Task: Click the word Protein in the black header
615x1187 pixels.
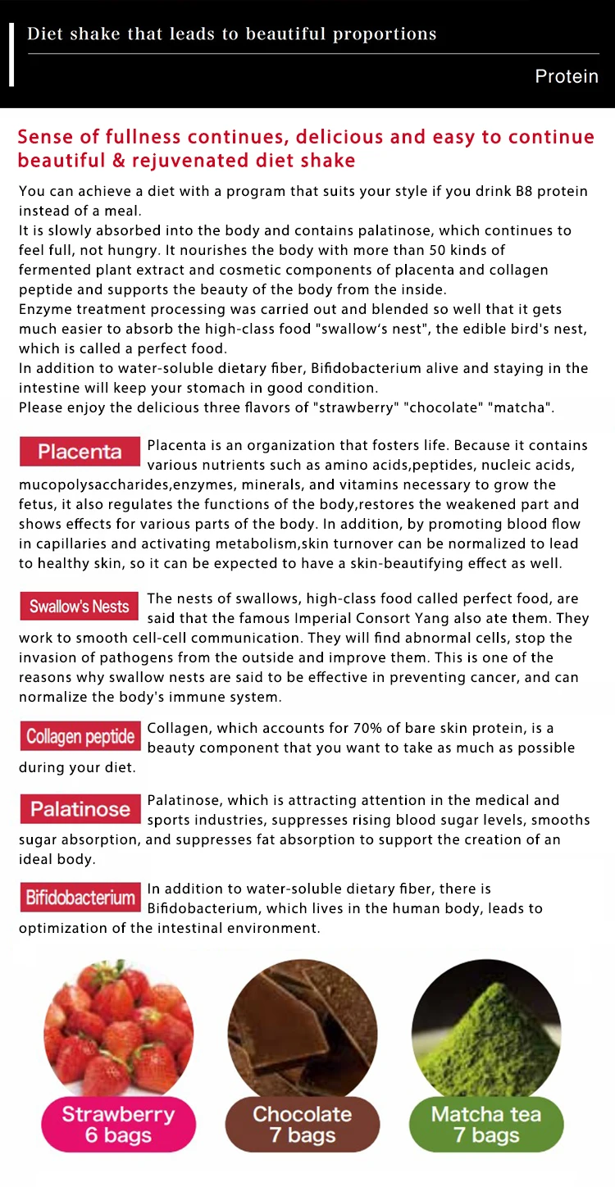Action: (x=567, y=76)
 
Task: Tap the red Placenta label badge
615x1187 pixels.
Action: (x=80, y=452)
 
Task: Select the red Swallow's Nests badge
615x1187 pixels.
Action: (x=80, y=607)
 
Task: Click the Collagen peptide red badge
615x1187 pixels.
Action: (x=80, y=736)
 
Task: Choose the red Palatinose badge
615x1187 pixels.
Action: (x=80, y=809)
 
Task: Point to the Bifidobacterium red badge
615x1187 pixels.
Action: (x=80, y=897)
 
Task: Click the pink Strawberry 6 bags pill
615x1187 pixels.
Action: (x=118, y=1125)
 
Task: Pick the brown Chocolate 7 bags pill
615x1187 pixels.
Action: (x=303, y=1125)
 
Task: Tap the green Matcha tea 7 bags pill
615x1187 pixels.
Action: (x=486, y=1125)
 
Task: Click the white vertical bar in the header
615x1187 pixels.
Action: (x=11, y=54)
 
